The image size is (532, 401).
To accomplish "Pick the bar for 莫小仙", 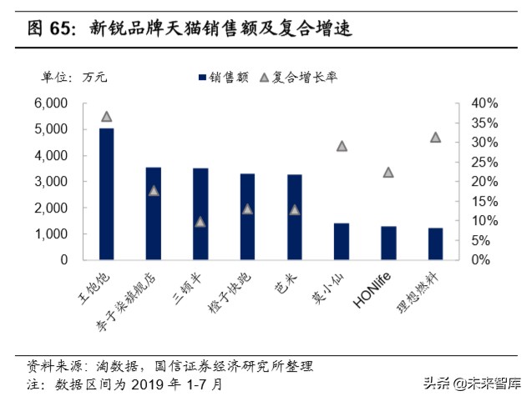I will tap(341, 241).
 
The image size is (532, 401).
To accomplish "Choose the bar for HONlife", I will tap(388, 243).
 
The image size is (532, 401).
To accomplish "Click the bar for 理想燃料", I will tap(435, 243).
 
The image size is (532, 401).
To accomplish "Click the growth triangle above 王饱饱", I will tap(106, 117).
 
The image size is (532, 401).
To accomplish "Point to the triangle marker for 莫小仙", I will tap(341, 146).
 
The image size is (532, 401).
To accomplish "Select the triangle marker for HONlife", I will tap(388, 173).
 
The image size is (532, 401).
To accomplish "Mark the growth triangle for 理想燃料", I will tap(435, 137).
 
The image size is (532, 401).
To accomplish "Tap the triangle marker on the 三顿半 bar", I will tap(200, 222).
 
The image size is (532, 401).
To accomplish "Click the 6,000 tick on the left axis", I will tap(50, 103).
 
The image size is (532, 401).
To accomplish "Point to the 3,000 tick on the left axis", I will tap(50, 182).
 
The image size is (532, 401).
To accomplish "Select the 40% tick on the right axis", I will tap(484, 103).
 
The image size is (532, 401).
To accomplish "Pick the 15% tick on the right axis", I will tap(484, 201).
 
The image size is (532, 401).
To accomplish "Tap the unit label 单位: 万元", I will tap(74, 78).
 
